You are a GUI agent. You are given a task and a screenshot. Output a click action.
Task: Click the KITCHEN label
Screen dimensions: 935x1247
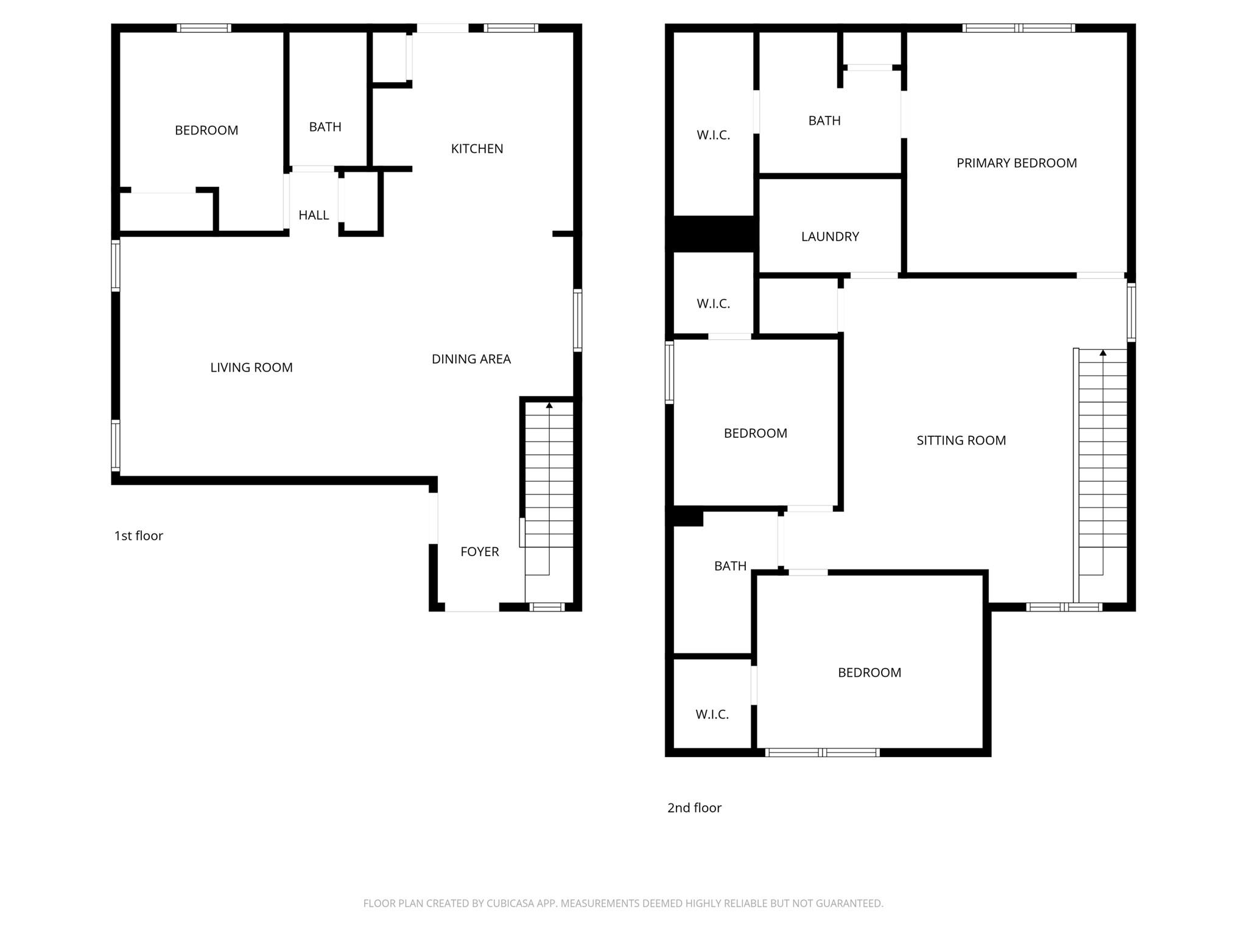[477, 149]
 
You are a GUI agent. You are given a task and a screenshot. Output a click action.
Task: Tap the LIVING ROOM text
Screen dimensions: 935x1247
[251, 367]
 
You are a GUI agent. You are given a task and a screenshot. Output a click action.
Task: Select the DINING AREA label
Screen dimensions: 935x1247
[471, 359]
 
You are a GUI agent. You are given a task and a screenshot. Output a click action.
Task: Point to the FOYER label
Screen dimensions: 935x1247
[479, 552]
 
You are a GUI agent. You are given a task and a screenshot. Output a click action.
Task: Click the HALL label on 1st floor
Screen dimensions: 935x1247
[314, 215]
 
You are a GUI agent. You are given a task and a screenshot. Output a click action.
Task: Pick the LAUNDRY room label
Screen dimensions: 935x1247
[830, 236]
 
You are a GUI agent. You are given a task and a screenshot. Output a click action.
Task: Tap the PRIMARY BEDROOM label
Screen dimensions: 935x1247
[1016, 163]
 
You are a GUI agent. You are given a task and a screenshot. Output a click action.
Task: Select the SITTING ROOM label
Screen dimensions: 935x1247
[961, 440]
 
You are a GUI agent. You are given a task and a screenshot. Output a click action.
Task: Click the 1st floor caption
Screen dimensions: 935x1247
[139, 536]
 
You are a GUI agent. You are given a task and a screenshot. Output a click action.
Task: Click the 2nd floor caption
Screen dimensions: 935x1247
[694, 808]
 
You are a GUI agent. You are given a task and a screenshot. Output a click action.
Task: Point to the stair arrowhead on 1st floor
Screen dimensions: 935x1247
[549, 405]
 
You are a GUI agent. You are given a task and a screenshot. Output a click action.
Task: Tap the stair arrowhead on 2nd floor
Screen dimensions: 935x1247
[1103, 353]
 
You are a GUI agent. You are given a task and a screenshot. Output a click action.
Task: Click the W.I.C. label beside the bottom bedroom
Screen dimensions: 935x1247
[712, 714]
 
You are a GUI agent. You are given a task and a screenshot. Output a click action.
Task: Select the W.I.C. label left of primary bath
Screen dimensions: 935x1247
[713, 135]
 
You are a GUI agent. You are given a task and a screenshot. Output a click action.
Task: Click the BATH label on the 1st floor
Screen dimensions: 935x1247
[325, 127]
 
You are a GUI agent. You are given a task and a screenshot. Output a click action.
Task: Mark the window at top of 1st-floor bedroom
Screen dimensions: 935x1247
[204, 28]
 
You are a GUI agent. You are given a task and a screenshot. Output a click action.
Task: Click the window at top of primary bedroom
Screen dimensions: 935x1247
[1019, 28]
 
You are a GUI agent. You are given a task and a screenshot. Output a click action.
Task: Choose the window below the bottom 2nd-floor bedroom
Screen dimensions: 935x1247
[822, 753]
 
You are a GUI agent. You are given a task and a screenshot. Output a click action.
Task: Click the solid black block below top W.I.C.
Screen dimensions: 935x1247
[712, 233]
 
